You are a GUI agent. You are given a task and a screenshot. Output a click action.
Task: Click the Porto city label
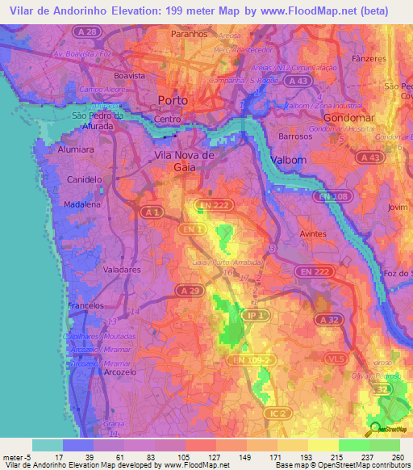pos(173,101)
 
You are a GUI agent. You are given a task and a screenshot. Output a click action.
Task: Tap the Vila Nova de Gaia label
pos(184,160)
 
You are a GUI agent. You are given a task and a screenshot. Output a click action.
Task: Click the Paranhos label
pos(190,36)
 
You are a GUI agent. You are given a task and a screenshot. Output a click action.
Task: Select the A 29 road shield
pos(189,290)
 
